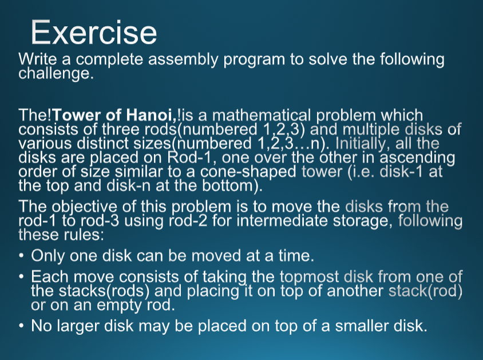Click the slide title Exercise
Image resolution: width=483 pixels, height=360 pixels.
tap(94, 32)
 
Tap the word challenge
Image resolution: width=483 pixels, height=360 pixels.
tap(56, 74)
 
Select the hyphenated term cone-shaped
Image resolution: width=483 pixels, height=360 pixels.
tap(248, 172)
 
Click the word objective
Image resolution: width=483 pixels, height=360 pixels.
tap(84, 207)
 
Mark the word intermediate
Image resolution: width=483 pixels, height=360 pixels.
tap(282, 221)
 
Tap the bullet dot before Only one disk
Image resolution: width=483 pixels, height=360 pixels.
tap(21, 255)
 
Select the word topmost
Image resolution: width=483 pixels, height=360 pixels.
tap(309, 277)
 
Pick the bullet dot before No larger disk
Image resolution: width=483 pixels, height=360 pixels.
tap(21, 326)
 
